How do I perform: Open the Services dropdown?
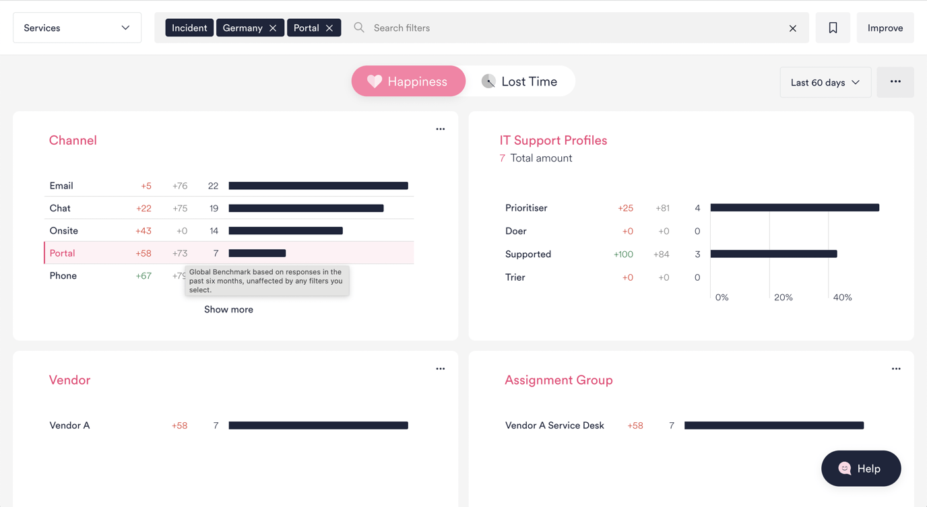click(x=77, y=28)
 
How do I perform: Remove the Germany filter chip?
click(x=273, y=28)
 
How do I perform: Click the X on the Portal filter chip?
click(x=329, y=28)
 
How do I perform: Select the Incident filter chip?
click(x=189, y=28)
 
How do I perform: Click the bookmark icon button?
click(x=833, y=28)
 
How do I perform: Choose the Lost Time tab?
click(x=519, y=81)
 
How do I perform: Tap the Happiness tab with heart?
click(x=408, y=81)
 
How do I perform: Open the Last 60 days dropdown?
click(x=825, y=82)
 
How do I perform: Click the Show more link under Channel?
click(x=228, y=310)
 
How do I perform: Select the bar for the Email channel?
click(x=318, y=186)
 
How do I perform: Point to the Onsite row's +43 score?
click(x=143, y=231)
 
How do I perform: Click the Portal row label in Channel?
click(x=62, y=253)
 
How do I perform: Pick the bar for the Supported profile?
click(x=773, y=254)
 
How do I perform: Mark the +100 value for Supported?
click(x=623, y=255)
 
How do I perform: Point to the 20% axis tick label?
click(x=783, y=298)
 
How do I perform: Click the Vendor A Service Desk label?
click(x=554, y=426)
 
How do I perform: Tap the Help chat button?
click(x=860, y=469)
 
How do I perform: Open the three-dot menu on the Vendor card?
click(x=440, y=369)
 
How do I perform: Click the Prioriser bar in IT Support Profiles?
click(x=794, y=208)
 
